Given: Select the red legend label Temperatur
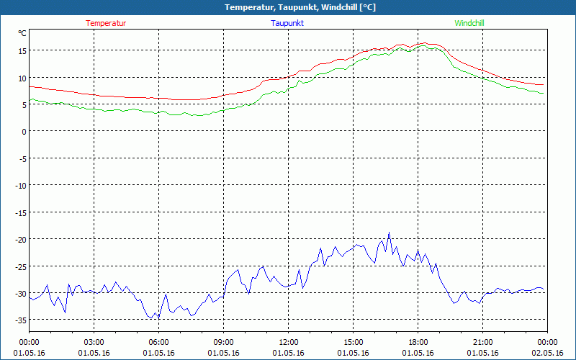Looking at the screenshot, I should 106,23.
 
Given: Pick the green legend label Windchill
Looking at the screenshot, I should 469,23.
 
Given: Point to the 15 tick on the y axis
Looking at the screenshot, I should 22,50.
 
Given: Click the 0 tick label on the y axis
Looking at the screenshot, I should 24,132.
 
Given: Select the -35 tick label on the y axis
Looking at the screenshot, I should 19,320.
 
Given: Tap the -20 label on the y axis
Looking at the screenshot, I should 19,240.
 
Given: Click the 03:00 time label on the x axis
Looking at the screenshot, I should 94,342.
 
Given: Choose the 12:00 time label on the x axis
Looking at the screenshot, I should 289,342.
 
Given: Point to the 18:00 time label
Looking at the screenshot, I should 418,342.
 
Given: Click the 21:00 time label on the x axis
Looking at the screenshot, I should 483,342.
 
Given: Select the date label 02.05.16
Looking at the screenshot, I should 547,353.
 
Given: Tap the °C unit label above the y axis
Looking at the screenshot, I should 22,33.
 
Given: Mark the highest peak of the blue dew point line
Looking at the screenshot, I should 389,233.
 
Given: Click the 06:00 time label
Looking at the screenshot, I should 159,342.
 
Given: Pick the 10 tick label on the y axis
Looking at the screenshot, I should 22,78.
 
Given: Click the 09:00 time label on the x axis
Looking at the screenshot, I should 224,342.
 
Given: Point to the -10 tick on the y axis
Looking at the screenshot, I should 19,186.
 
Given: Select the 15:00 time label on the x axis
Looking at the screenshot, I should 354,342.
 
